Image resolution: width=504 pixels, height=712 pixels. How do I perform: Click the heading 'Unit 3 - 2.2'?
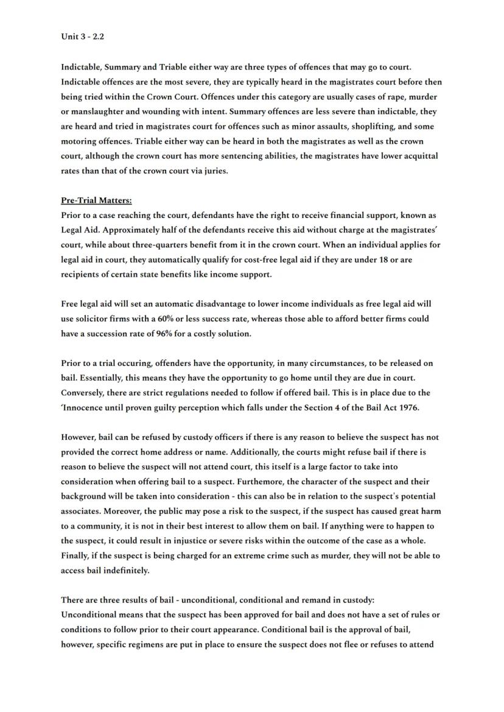[x=82, y=37]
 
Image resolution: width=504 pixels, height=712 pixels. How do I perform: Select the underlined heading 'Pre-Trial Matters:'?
[x=96, y=200]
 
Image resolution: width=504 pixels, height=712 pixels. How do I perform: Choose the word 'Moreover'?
[x=81, y=511]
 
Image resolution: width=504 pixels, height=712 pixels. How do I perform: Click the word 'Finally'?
[x=76, y=555]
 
